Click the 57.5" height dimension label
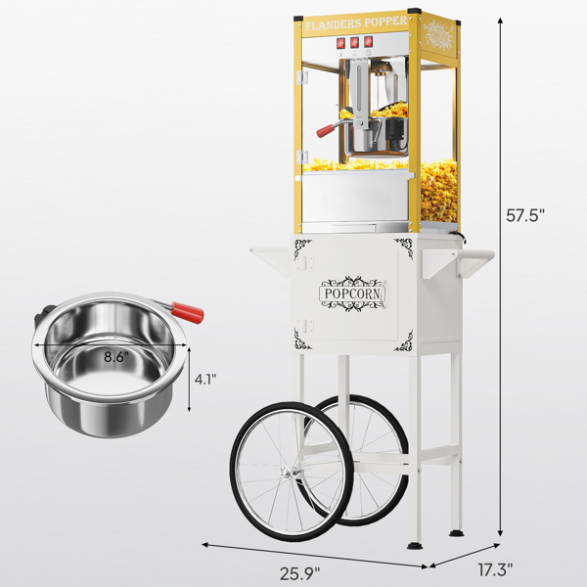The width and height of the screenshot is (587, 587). tap(524, 215)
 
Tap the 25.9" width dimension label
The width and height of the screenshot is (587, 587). tap(300, 573)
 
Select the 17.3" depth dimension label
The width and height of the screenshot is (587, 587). tap(495, 570)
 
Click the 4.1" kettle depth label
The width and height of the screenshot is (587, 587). tap(205, 380)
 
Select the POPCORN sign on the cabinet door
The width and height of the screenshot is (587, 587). tap(352, 293)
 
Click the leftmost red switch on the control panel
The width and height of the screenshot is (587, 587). tap(340, 43)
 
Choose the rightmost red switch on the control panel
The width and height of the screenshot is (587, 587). tap(369, 41)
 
